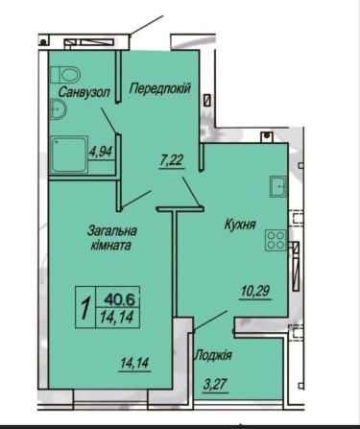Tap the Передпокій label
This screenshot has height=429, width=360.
159,86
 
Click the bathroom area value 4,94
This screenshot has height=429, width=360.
100,150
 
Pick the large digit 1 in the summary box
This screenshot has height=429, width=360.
86,309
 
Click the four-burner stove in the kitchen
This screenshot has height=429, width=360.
275,239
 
